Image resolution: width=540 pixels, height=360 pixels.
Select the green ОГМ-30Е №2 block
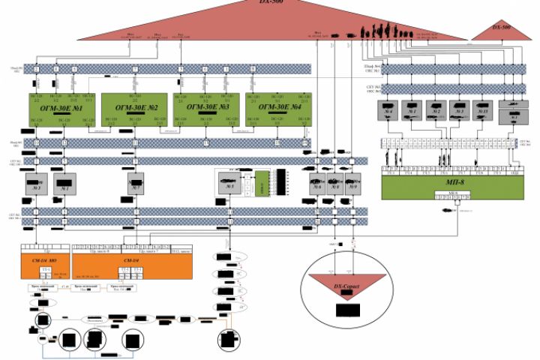coord(132,111)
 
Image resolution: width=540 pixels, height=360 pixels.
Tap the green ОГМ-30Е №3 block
coord(205,111)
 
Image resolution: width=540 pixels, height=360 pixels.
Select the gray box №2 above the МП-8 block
coord(436,109)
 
